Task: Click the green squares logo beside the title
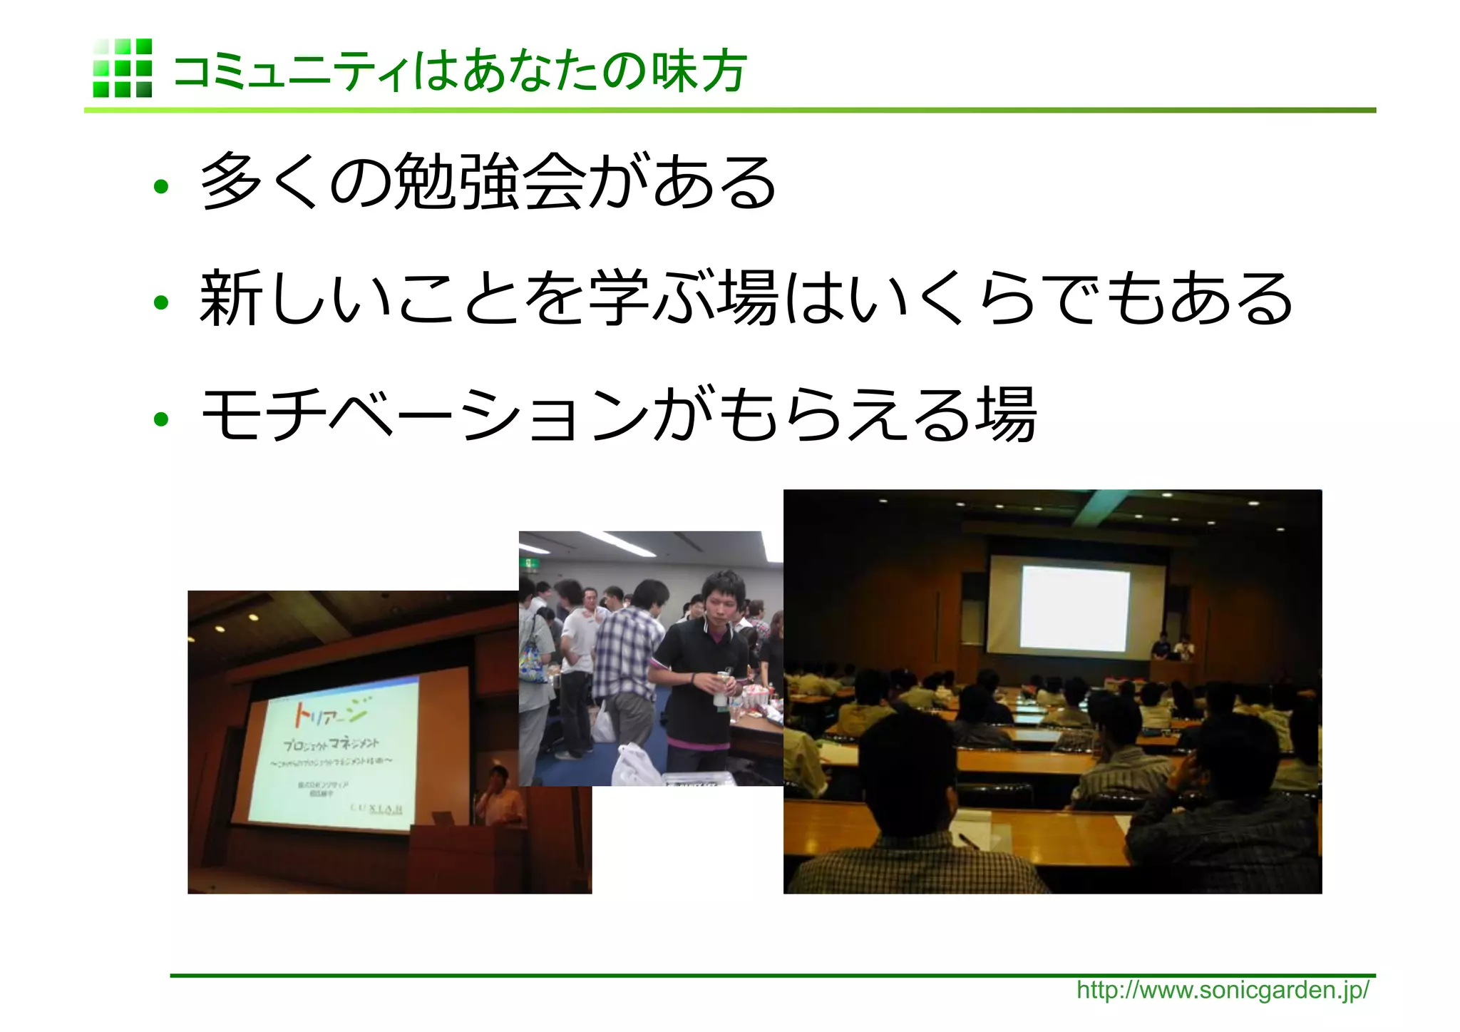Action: [x=122, y=68]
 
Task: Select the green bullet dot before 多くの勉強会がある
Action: [x=161, y=188]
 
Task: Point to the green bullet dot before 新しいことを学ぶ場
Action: [x=161, y=303]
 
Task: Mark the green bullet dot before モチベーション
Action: [x=161, y=419]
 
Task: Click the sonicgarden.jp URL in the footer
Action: [x=1222, y=990]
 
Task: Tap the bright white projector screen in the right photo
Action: [x=1075, y=607]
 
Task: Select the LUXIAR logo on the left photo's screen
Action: [x=376, y=809]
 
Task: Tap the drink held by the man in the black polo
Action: [x=723, y=686]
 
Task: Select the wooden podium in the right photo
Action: [x=1171, y=670]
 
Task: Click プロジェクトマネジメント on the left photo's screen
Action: [x=331, y=745]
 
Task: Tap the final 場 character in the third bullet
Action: [x=1005, y=415]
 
